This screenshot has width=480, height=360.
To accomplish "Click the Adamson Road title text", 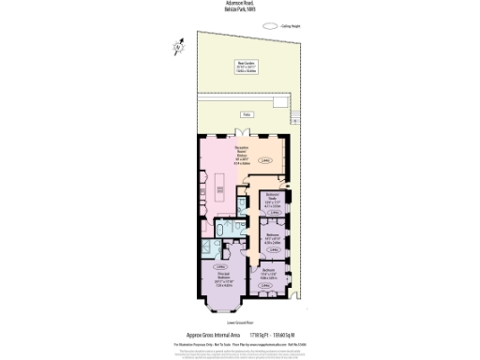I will tap(240, 4).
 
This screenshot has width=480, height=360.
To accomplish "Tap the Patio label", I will tap(247, 114).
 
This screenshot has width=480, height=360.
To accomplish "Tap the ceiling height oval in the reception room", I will tap(264, 160).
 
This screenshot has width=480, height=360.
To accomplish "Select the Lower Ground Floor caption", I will tap(240, 321).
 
